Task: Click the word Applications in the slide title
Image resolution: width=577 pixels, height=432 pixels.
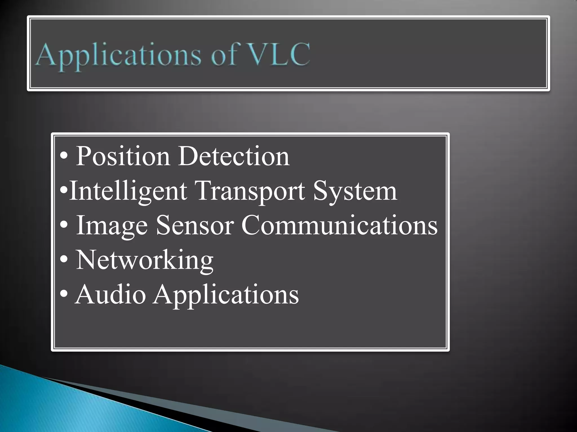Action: pos(118,55)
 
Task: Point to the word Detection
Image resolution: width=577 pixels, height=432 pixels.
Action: pos(234,156)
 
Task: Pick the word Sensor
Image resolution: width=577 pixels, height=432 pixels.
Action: pos(195,226)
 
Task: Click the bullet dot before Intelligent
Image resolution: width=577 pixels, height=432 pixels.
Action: pos(64,192)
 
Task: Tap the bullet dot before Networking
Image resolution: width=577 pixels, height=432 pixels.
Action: pos(64,261)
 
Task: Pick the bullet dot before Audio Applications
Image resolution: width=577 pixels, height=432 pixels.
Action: pos(64,296)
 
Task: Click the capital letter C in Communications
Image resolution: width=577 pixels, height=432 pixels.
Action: pos(252,226)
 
